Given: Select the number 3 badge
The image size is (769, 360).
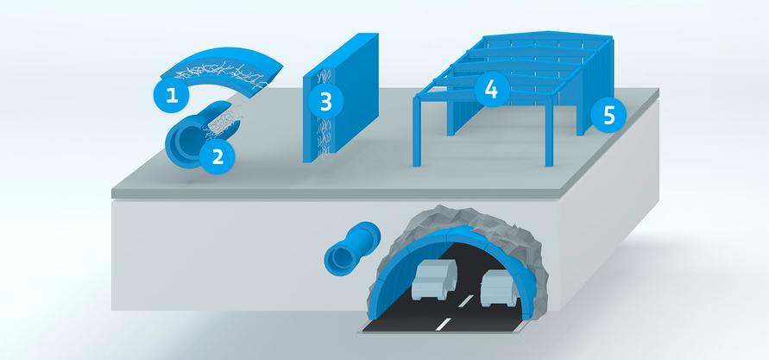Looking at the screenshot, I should (325, 102).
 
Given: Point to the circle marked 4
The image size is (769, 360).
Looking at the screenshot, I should (490, 91).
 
